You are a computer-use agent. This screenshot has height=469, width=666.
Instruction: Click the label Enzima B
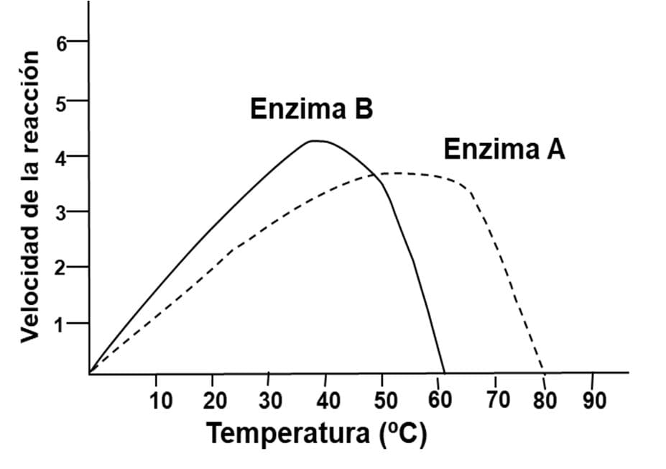pyautogui.click(x=311, y=109)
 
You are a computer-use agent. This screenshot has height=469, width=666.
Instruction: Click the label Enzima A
pyautogui.click(x=504, y=150)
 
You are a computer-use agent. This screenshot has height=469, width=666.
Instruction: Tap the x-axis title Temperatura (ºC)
pyautogui.click(x=316, y=434)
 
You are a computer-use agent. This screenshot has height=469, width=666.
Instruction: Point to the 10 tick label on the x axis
pyautogui.click(x=161, y=400)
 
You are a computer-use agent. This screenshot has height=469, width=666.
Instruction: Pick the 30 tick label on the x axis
pyautogui.click(x=270, y=400)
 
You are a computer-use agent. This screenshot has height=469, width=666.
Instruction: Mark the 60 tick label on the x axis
pyautogui.click(x=440, y=400)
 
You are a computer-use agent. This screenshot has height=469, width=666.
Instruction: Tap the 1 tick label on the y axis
pyautogui.click(x=63, y=324)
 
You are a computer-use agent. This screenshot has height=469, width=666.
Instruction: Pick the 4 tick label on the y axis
pyautogui.click(x=63, y=158)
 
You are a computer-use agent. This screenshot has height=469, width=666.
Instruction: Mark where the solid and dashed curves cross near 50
pyautogui.click(x=376, y=174)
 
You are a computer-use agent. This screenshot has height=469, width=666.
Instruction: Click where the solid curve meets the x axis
pyautogui.click(x=445, y=373)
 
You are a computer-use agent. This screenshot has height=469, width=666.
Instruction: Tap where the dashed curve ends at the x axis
pyautogui.click(x=544, y=372)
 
